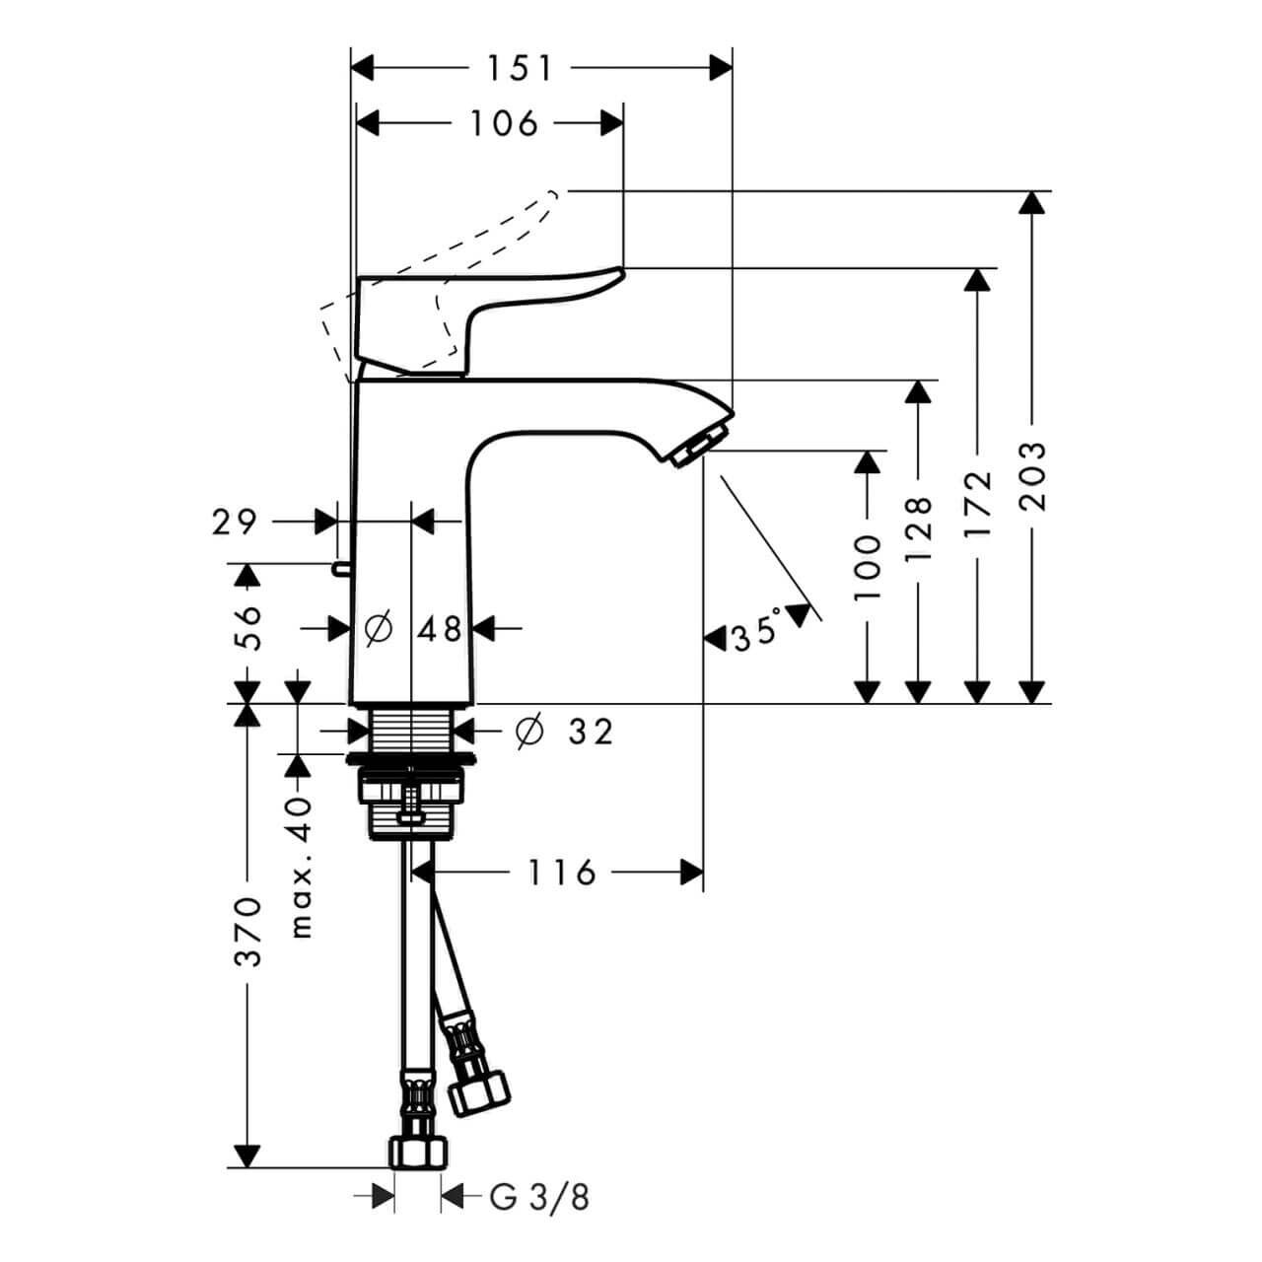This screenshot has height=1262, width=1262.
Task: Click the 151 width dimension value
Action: tap(519, 68)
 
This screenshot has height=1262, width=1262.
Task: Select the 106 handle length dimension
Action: tap(503, 123)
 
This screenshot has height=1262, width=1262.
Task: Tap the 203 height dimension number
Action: tap(1032, 476)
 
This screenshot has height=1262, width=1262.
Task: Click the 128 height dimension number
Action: tap(918, 528)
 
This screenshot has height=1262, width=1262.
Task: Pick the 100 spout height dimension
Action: tap(867, 568)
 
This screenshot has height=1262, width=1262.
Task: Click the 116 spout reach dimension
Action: tap(560, 872)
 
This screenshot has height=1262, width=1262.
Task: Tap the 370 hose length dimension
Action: tap(247, 931)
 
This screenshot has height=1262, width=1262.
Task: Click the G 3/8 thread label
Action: tap(539, 1197)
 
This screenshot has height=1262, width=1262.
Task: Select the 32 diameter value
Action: tap(591, 732)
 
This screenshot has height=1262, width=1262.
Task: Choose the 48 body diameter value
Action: tap(439, 628)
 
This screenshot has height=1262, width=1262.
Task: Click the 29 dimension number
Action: tap(234, 522)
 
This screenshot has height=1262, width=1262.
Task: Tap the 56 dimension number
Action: tap(249, 626)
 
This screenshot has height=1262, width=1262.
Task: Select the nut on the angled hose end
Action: tap(479, 1088)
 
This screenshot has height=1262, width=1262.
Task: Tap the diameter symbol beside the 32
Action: tap(529, 731)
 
